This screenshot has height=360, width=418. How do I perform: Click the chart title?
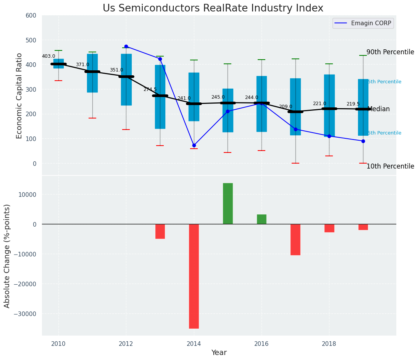[x=213, y=8]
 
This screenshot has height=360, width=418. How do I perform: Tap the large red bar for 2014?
[x=194, y=276]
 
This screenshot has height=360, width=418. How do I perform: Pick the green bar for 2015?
[x=228, y=203]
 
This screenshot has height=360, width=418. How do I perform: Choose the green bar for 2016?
[x=261, y=219]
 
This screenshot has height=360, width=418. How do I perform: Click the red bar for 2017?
[x=295, y=240]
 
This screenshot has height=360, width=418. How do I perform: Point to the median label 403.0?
[x=48, y=56]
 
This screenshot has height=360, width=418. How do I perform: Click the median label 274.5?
[x=150, y=89]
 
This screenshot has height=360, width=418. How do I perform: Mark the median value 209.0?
[x=286, y=107]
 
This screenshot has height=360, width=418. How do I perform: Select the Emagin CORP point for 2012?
[x=126, y=46]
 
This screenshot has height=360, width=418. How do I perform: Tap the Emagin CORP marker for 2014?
[x=194, y=145]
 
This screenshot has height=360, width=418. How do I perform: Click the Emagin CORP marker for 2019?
[x=363, y=141]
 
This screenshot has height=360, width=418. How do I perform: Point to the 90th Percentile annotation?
[x=390, y=52]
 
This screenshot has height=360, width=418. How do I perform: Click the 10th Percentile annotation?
[x=390, y=166]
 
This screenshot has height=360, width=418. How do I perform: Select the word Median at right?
[x=378, y=109]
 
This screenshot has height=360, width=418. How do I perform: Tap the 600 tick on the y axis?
[x=31, y=15]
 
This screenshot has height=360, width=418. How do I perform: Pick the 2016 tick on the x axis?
[x=261, y=344]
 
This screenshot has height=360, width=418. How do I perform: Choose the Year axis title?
[x=219, y=353]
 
